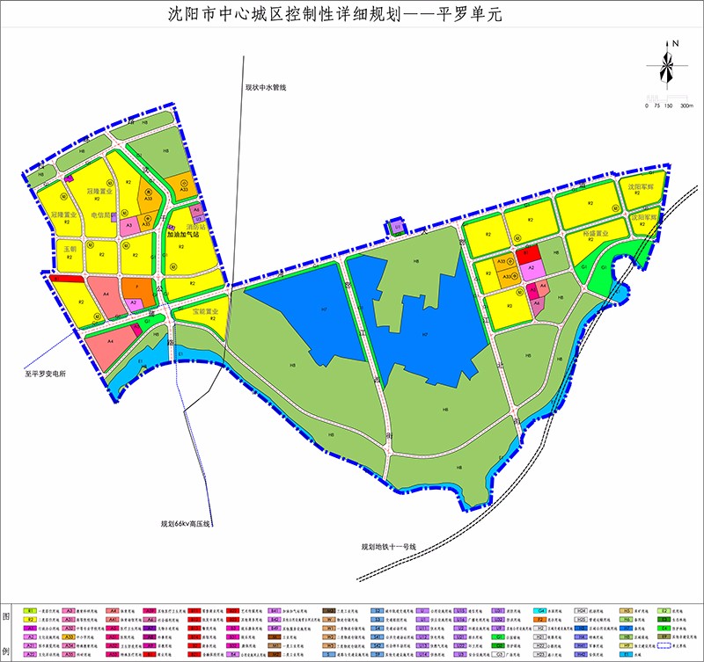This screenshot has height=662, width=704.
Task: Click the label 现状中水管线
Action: point(267,87)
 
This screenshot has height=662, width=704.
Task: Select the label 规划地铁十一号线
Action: point(386,547)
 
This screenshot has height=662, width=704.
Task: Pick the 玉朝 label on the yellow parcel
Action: point(70,250)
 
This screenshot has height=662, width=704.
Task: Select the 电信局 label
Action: point(102,215)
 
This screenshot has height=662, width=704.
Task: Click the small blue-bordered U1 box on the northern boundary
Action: point(398,227)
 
